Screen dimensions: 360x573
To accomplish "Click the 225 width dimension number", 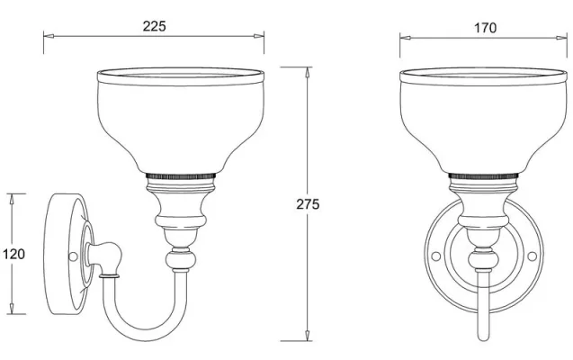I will [154, 26].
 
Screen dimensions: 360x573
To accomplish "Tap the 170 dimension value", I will [485, 28].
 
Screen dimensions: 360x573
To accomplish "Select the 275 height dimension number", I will [308, 204].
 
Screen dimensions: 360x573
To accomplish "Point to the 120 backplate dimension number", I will [13, 254].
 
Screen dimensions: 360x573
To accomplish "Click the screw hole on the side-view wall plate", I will [72, 256].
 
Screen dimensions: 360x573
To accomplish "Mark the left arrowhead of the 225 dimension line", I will [49, 37].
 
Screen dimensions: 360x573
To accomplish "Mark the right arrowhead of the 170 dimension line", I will [565, 37].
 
